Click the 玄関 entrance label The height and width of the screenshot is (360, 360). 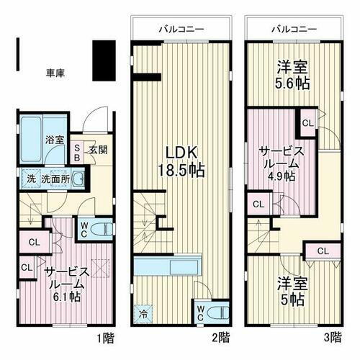98,150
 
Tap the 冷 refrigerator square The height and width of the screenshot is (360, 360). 143,313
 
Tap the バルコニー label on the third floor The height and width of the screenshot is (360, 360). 293,30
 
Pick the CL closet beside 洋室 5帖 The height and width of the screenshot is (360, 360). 323,251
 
